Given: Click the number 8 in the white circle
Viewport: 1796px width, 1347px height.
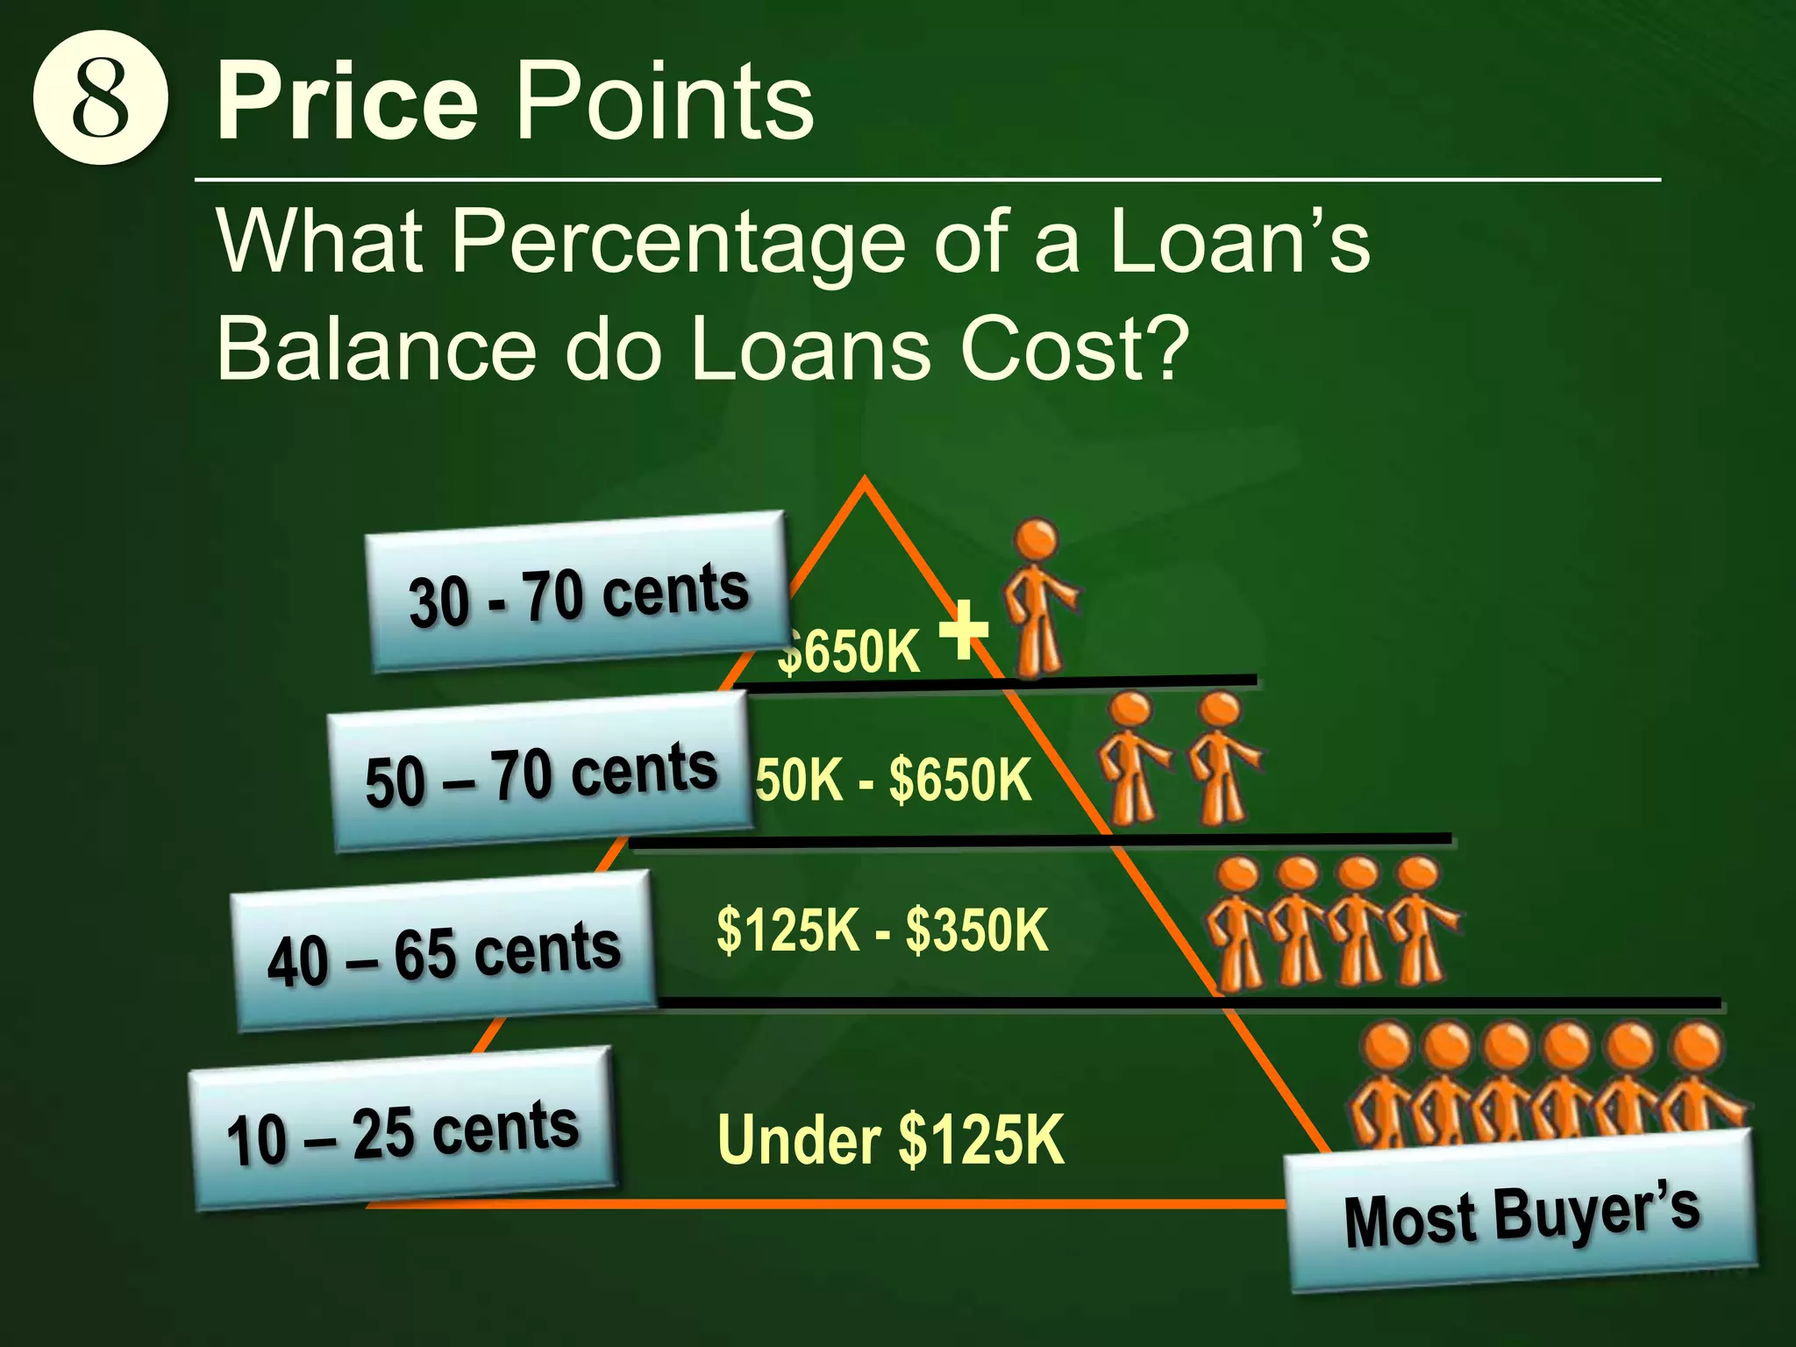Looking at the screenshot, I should click(x=100, y=97).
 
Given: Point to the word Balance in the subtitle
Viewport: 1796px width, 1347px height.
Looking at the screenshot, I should click(x=375, y=348).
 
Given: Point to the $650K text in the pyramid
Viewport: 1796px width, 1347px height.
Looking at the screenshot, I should click(x=849, y=652).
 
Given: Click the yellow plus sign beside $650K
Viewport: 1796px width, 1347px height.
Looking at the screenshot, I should click(x=963, y=629).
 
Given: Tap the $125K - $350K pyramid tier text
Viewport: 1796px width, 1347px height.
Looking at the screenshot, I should click(x=882, y=930).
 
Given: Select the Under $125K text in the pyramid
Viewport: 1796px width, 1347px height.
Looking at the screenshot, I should click(x=890, y=1139).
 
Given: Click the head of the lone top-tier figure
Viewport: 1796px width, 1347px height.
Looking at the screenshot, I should click(x=1037, y=538).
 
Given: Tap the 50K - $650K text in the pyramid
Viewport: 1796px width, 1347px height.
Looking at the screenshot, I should click(x=894, y=779).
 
